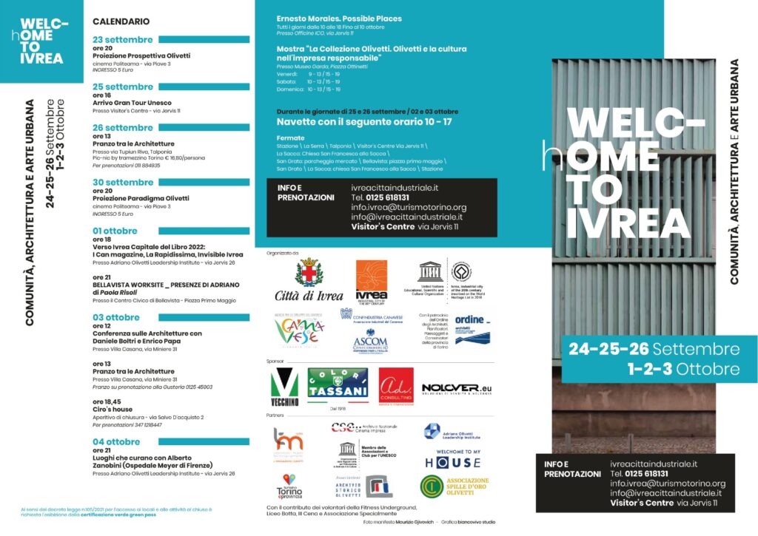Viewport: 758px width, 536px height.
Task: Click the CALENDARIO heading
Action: [116, 21]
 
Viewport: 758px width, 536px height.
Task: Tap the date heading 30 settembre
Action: [123, 182]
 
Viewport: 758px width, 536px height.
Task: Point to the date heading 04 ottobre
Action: [116, 441]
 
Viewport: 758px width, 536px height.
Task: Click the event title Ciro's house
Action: [113, 409]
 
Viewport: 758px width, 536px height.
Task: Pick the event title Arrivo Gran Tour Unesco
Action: [133, 103]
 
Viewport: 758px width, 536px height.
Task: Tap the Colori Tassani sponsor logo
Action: [338, 383]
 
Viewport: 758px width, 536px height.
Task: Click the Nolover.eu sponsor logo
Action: [456, 388]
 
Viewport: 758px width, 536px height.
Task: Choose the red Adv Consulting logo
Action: [396, 386]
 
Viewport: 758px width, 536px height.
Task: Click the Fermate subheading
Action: [289, 137]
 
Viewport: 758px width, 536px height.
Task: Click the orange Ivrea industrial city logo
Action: [372, 279]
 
